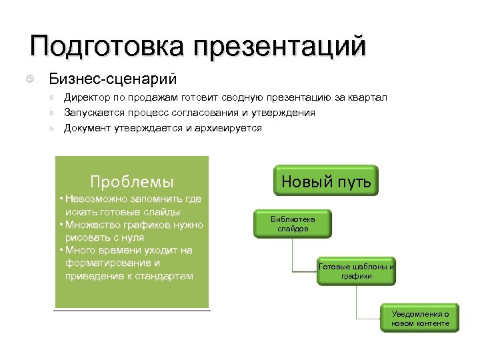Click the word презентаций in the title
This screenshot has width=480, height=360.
click(x=280, y=47)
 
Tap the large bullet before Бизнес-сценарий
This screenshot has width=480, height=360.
click(x=31, y=80)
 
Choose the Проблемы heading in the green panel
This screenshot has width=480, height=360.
click(x=131, y=181)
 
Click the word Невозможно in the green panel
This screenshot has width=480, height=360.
click(x=99, y=200)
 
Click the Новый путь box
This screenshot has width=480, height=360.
click(x=326, y=181)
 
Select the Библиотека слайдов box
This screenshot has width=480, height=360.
click(x=293, y=223)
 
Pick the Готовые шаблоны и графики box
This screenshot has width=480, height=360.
click(x=356, y=271)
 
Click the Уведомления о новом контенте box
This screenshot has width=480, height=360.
click(x=420, y=319)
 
